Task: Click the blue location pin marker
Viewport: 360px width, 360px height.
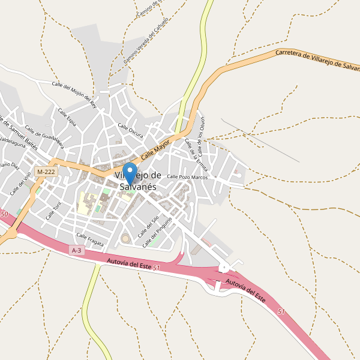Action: point(130,173)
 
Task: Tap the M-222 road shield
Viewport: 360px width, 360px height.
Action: point(46,172)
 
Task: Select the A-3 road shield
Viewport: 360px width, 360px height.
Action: point(76,250)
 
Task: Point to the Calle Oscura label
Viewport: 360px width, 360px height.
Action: point(130,131)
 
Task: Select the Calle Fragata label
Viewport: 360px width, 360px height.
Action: point(90,239)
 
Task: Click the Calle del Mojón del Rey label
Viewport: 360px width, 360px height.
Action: point(74,93)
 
